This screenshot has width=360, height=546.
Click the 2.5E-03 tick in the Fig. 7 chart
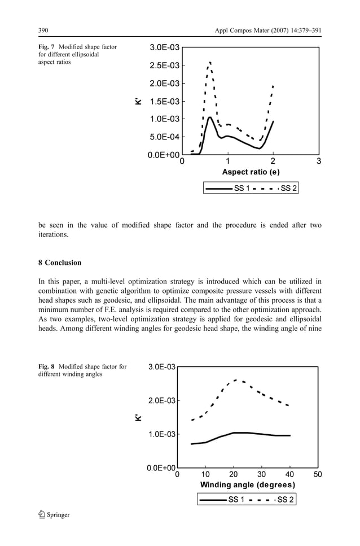(165, 65)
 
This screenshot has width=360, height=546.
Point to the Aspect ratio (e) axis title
(251, 172)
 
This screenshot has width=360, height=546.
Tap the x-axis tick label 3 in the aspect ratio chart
(319, 161)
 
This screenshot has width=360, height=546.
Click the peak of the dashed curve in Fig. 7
(210, 63)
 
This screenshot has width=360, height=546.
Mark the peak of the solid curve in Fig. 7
(210, 117)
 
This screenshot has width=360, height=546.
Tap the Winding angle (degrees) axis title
(247, 485)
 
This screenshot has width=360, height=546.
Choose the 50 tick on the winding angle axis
(318, 475)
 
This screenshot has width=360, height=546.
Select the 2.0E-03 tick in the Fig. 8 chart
(162, 401)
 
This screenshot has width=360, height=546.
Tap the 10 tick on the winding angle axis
(206, 475)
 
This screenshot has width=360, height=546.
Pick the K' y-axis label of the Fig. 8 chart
(137, 418)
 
